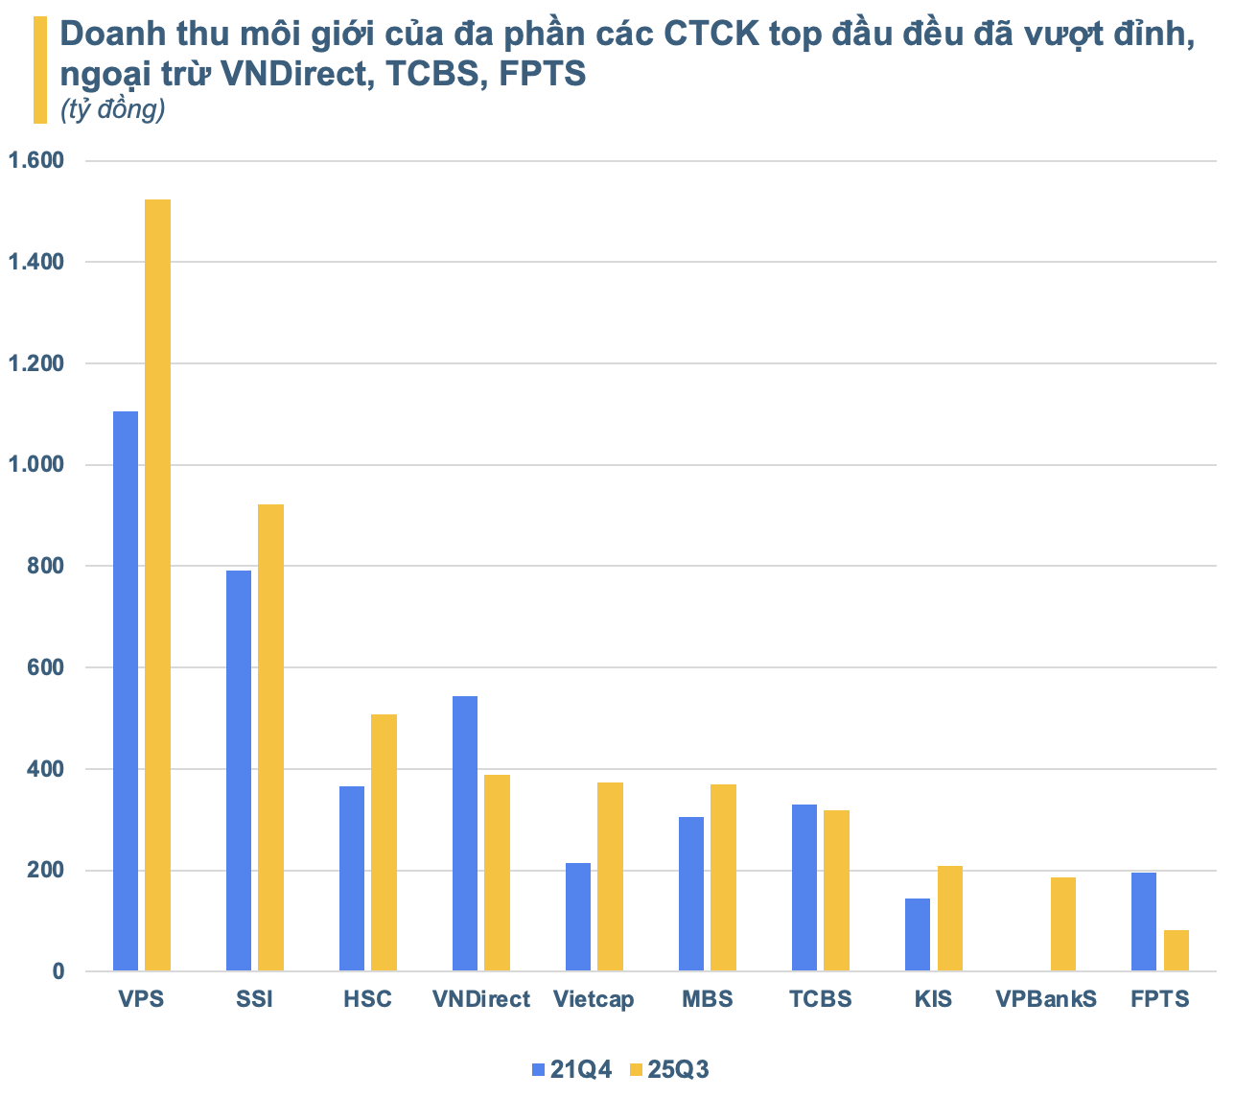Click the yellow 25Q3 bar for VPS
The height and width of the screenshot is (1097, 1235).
click(158, 585)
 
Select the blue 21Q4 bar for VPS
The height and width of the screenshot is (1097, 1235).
click(126, 690)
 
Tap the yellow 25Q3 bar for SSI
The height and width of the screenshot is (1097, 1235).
click(271, 737)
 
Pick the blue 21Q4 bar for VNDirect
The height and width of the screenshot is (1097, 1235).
click(465, 833)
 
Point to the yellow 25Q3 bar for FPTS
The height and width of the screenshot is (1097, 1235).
click(1177, 950)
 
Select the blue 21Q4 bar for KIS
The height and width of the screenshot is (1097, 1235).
click(918, 935)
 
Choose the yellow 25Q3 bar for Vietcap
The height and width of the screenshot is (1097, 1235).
click(611, 876)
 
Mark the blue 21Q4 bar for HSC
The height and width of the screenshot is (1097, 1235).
click(352, 878)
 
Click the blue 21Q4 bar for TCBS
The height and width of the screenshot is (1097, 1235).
click(804, 888)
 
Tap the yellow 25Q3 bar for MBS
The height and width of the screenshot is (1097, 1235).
click(724, 877)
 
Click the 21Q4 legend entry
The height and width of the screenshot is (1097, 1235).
click(572, 1069)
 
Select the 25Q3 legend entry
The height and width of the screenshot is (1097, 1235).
click(670, 1069)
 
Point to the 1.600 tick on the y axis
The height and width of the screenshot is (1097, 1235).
click(35, 160)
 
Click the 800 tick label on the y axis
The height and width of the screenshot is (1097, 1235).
click(47, 566)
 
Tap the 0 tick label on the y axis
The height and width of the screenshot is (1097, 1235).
click(58, 971)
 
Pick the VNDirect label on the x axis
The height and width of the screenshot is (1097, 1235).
click(480, 999)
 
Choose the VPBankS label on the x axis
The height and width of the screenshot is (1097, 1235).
click(1046, 999)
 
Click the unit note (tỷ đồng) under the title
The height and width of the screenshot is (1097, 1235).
click(112, 110)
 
